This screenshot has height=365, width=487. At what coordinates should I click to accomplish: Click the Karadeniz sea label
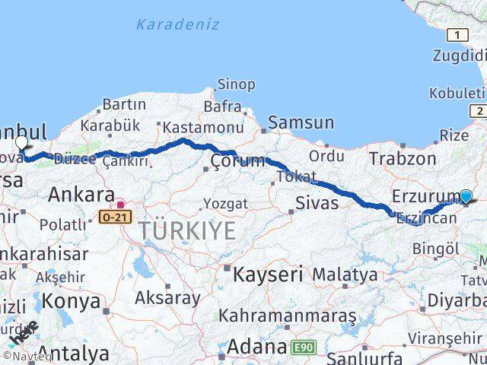click(x=177, y=24)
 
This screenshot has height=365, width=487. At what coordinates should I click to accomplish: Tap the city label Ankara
click(x=81, y=195)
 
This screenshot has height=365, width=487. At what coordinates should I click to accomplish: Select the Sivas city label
click(x=316, y=202)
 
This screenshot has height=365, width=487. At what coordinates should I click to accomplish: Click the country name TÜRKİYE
click(x=186, y=231)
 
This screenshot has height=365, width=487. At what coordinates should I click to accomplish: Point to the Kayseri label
click(x=267, y=273)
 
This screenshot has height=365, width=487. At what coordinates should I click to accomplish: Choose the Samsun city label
click(x=301, y=122)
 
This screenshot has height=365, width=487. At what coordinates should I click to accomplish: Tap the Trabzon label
click(x=403, y=158)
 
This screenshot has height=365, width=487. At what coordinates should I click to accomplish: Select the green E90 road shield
click(x=303, y=348)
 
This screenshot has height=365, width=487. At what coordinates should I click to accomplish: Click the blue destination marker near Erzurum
click(x=466, y=196)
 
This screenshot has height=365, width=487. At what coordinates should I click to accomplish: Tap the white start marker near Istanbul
click(x=21, y=142)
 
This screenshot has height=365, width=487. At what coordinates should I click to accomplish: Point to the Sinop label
click(x=236, y=84)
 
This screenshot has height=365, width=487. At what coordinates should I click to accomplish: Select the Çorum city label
click(x=238, y=160)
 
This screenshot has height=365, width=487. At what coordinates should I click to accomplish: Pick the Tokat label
click(x=296, y=176)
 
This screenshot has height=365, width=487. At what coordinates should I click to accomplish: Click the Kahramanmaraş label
click(x=287, y=314)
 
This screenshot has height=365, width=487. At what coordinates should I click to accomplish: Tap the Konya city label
click(x=71, y=301)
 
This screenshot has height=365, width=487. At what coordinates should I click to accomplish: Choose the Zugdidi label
click(x=459, y=55)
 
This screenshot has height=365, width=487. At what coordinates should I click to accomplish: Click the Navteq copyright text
click(x=27, y=356)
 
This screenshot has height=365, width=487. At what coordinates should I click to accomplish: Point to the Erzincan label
click(x=426, y=218)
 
